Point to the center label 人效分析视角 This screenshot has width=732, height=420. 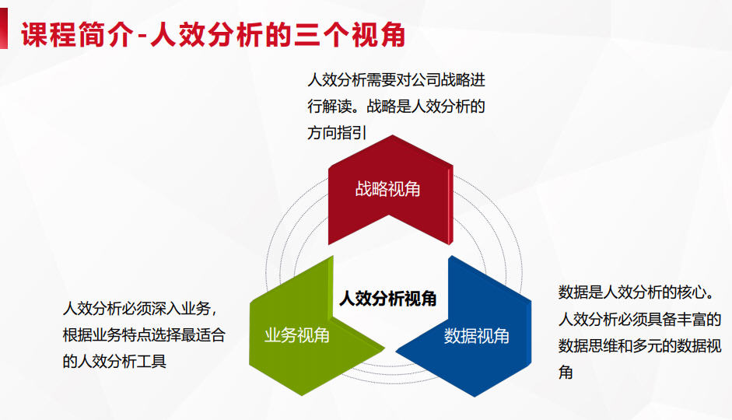[388, 298]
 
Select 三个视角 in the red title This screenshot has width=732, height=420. [349, 34]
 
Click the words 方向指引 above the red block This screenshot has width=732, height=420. [337, 133]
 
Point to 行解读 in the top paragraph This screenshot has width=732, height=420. [330, 107]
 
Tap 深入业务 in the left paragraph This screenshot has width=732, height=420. [181, 309]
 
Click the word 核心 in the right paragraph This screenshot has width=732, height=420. [692, 292]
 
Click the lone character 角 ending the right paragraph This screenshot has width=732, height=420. [566, 373]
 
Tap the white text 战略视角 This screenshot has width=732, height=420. [387, 189]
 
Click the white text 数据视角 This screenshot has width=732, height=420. [476, 336]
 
